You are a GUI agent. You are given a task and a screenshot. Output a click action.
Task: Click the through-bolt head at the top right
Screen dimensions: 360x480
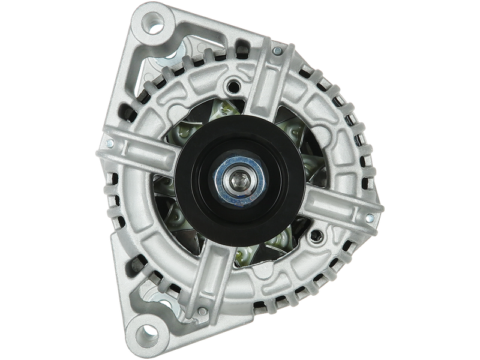pos(277,52)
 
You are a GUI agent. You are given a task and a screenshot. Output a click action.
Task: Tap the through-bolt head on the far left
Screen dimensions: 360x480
pos(110,143)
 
